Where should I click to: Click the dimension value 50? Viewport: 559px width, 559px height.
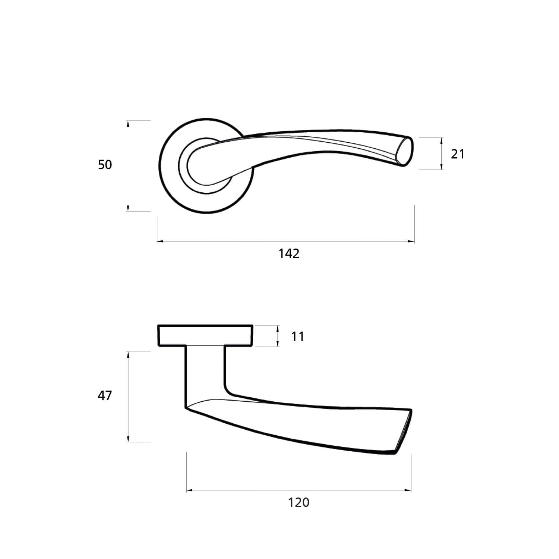point(105,164)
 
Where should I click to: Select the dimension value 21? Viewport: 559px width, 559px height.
point(458,154)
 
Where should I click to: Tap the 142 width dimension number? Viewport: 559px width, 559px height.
point(289,253)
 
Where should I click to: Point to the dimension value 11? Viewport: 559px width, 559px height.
point(298,337)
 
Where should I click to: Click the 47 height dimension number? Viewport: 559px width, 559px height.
point(105,395)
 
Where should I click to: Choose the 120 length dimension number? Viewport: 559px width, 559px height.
point(299,502)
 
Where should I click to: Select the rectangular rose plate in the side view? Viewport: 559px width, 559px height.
point(205,335)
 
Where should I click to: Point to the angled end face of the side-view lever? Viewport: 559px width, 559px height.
point(403,432)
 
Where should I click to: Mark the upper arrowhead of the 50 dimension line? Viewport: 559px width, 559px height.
point(128,123)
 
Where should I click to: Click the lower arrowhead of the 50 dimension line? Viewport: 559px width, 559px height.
point(128,208)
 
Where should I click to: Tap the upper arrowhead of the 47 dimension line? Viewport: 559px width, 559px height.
point(128,354)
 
